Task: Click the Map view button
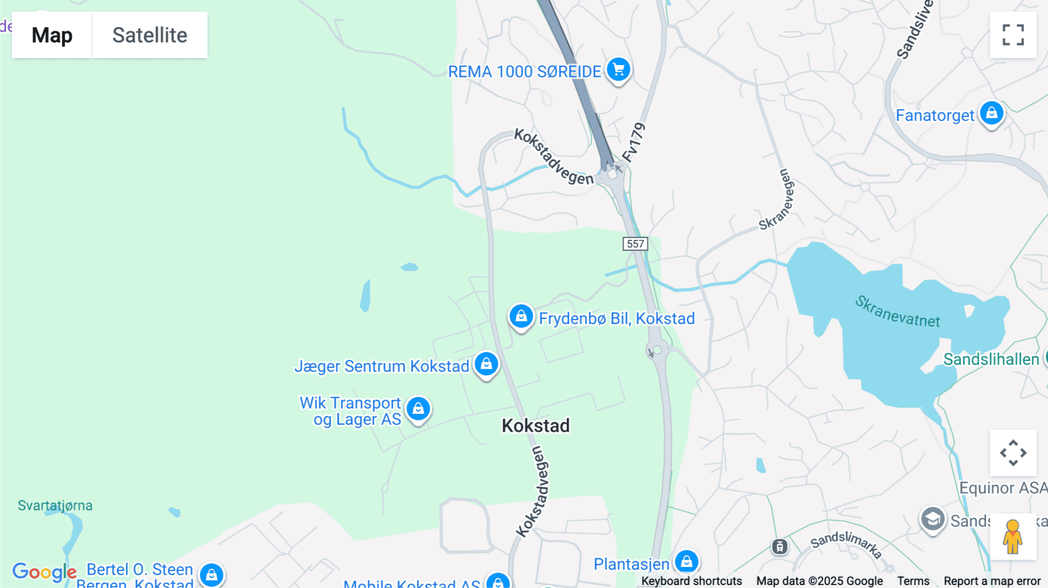(x=52, y=35)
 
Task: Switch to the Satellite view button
(x=150, y=35)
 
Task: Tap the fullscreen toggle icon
(x=1013, y=35)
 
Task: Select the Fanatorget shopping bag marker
(x=991, y=114)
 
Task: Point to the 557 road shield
(x=635, y=244)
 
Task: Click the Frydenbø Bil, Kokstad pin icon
(x=521, y=317)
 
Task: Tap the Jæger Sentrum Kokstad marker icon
(x=486, y=364)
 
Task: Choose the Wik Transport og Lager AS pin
(x=418, y=409)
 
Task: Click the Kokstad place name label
(x=536, y=426)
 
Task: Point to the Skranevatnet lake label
(x=897, y=311)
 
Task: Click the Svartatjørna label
(x=55, y=505)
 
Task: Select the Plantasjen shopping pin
(x=686, y=562)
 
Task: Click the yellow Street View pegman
(x=1012, y=537)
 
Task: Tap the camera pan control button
(x=1013, y=453)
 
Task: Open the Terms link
(x=913, y=581)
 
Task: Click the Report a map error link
(x=992, y=581)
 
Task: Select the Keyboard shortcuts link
(x=692, y=581)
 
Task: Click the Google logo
(x=44, y=572)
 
